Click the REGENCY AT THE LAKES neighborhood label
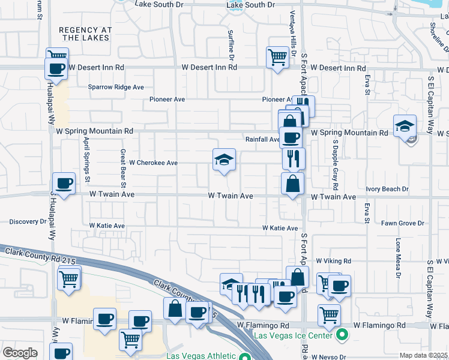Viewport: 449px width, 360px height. coord(85,34)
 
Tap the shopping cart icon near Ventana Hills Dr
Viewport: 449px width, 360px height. coord(277,58)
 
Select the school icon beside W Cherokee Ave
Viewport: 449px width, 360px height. coord(224,160)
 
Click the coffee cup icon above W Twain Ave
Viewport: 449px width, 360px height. coord(64,183)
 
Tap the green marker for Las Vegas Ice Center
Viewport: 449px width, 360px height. coord(342,335)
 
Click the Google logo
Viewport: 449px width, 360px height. coord(20,353)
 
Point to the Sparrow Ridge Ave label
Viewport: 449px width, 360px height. coord(116,87)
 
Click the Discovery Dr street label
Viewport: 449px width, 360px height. coord(28,221)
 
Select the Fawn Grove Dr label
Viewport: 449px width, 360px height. coord(403,223)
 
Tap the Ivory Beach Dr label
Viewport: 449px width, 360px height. coord(387,189)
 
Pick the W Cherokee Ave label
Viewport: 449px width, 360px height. coord(154,163)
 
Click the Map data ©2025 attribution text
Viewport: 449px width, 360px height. coord(424,355)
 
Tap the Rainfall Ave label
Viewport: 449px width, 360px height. coord(262,139)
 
